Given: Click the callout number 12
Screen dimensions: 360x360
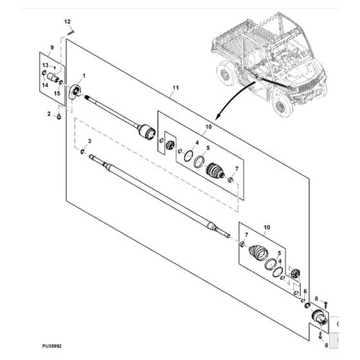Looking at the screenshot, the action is click(67, 22).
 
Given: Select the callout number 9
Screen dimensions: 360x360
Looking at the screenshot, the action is click(52, 48).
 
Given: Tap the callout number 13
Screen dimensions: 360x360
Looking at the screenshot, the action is click(46, 65).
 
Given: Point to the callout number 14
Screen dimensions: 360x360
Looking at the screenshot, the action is click(45, 85).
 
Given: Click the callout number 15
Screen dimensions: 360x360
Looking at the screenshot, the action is click(57, 93).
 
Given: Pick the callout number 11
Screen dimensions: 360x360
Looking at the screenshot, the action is click(175, 87).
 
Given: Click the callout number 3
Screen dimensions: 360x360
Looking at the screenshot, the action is click(89, 141).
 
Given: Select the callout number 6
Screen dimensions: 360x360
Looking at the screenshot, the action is click(305, 291).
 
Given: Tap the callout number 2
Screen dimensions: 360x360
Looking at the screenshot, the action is click(49, 114).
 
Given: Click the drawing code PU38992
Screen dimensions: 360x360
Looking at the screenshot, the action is click(52, 346).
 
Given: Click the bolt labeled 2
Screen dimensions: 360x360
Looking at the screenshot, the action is click(59, 116).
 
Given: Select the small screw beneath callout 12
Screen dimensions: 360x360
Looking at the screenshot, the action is click(71, 32).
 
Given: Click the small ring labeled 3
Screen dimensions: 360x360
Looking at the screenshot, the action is click(82, 151).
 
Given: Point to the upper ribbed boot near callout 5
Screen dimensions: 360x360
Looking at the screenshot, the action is click(215, 171).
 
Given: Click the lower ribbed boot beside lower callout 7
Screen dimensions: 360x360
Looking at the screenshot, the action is click(258, 253).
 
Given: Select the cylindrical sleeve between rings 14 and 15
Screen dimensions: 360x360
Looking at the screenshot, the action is click(53, 77).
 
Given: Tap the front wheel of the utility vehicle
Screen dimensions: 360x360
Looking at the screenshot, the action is click(282, 106).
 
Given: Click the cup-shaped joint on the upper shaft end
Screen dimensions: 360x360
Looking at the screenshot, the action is click(147, 131).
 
